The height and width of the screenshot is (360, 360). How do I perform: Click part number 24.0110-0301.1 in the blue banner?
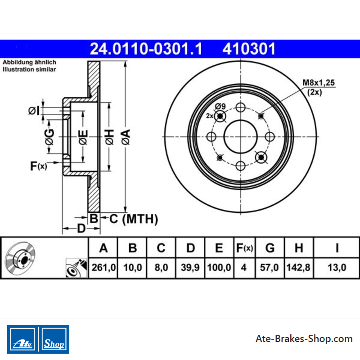146,49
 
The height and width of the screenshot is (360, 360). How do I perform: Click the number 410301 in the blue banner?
249,49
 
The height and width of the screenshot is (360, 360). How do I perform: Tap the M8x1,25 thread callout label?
319,83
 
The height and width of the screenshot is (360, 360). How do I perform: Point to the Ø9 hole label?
220,106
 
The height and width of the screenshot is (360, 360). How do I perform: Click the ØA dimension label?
126,137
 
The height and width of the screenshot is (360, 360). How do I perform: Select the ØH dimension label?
109,137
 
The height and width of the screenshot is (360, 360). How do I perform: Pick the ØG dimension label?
49,137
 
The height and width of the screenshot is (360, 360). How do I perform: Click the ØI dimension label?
34,111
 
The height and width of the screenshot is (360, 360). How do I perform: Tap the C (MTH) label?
134,219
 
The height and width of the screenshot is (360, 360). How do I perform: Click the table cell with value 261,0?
103,267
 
